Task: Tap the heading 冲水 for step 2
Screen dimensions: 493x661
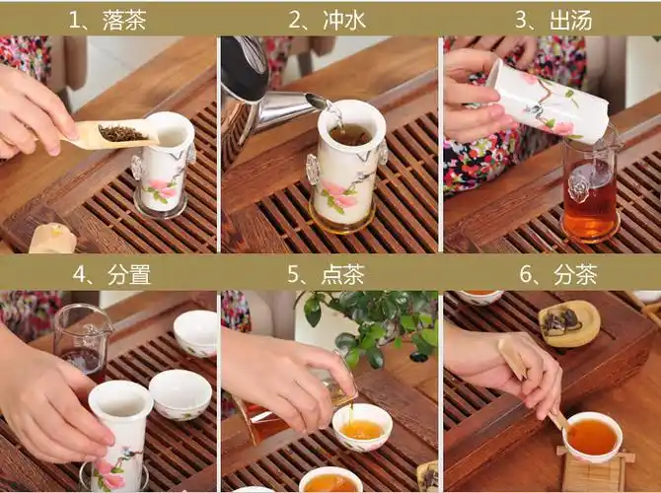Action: coord(327,20)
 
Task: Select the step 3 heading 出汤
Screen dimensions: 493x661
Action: coord(549,20)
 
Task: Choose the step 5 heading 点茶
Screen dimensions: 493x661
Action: coord(327,275)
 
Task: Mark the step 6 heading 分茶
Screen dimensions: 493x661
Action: coord(549,275)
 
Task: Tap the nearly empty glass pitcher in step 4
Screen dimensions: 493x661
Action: coord(83,340)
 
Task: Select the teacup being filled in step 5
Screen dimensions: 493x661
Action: coord(361,426)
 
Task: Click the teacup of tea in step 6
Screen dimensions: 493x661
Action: coord(593,436)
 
